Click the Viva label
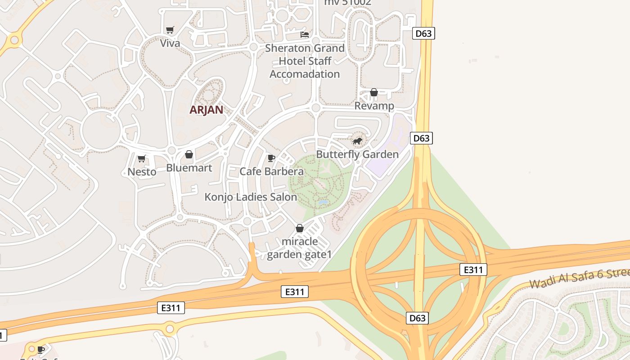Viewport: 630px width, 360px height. click(170, 43)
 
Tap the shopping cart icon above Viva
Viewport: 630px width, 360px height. click(170, 30)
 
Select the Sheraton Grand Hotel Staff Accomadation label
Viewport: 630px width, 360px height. click(305, 61)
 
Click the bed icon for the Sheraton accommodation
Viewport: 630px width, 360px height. click(305, 34)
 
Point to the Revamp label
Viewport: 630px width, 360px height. click(374, 106)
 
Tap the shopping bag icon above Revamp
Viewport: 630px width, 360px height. click(373, 92)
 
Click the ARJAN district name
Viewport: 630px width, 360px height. click(206, 110)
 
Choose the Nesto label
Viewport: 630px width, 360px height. click(142, 171)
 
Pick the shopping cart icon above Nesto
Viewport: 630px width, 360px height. click(142, 158)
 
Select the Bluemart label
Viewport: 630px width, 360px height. click(189, 168)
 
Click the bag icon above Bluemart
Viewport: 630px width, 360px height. click(189, 155)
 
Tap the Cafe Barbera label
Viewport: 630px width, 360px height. click(271, 171)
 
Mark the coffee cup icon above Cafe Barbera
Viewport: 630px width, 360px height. click(271, 158)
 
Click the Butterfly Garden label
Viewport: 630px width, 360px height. click(357, 154)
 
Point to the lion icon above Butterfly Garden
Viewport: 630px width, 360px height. click(357, 141)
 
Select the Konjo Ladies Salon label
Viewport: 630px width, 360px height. click(251, 197)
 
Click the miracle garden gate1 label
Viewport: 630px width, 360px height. click(299, 248)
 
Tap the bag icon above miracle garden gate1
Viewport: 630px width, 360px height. click(299, 229)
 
